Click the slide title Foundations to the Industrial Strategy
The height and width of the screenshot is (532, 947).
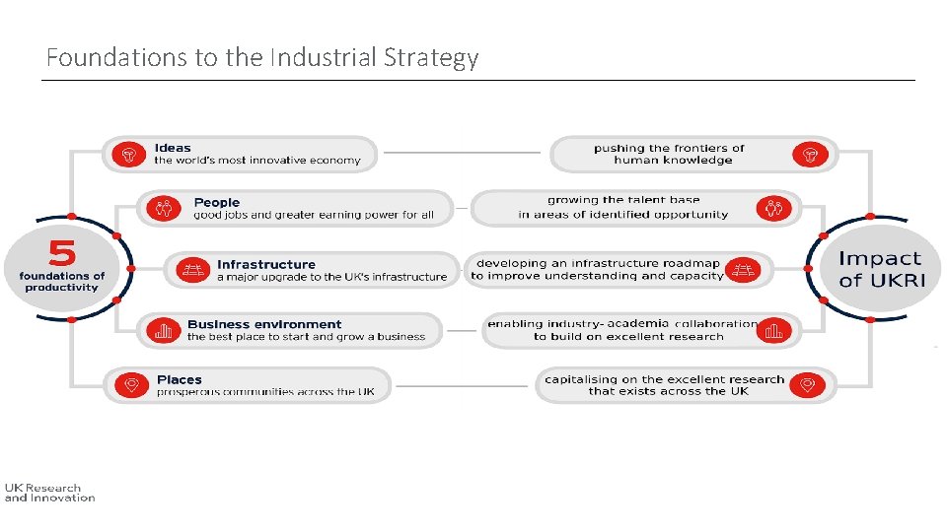(261, 58)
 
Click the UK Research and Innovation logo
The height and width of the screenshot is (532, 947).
(49, 493)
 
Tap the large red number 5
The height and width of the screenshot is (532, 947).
(61, 253)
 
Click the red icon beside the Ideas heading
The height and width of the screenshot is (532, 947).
(128, 155)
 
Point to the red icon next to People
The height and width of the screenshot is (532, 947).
(164, 209)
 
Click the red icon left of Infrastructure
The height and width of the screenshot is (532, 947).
(194, 271)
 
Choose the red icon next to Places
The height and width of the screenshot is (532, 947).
(130, 385)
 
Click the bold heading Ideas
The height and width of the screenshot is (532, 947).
(173, 148)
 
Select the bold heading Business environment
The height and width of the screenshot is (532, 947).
(264, 324)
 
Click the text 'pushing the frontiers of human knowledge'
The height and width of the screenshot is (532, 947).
(671, 154)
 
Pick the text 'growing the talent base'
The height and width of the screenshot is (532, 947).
(623, 201)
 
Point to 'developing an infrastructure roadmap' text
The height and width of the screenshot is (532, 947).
(598, 264)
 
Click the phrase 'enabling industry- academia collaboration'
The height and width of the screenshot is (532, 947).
(621, 323)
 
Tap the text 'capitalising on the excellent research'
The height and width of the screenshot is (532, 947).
(664, 379)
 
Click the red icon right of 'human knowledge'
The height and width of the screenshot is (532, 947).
(809, 155)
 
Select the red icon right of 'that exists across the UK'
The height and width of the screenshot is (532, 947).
(807, 385)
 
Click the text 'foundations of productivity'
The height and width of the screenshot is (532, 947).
(61, 282)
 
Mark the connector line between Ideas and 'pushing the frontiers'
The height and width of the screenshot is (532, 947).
(462, 153)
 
